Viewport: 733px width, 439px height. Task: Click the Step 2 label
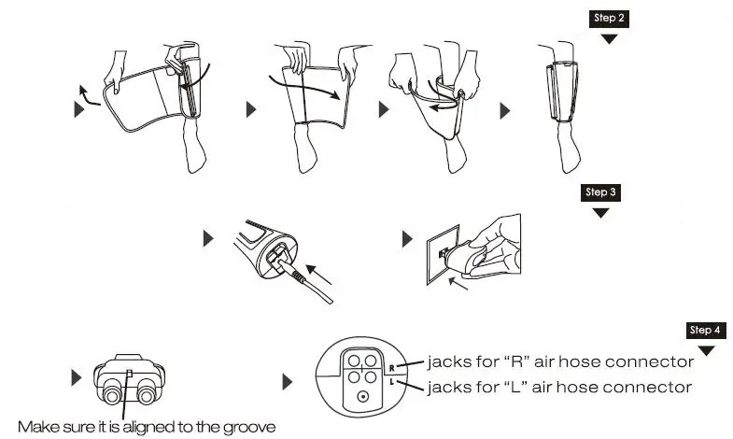click(x=609, y=18)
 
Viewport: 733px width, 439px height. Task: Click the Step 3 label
click(x=600, y=192)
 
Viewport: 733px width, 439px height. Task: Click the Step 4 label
click(x=705, y=330)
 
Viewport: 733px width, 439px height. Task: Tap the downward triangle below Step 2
click(x=609, y=39)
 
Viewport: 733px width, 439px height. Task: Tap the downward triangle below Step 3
click(x=600, y=213)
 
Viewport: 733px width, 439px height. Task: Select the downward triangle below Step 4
click(x=706, y=350)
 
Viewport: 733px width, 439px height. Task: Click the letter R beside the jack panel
click(x=392, y=367)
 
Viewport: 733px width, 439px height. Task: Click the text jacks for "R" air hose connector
click(x=559, y=361)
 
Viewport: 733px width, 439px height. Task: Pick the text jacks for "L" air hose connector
click(x=558, y=386)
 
